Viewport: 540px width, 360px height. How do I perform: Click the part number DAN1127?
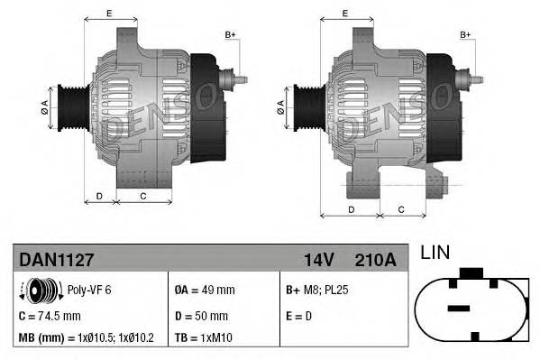click(x=56, y=260)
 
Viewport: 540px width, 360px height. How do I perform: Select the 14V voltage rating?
click(x=319, y=260)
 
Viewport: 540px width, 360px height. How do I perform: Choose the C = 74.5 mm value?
click(x=50, y=316)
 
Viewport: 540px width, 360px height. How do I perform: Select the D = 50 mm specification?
click(x=203, y=316)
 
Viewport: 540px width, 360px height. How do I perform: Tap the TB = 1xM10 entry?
click(x=206, y=338)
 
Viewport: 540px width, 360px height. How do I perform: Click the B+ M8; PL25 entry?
click(x=317, y=291)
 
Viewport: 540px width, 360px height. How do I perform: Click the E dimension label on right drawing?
click(x=346, y=14)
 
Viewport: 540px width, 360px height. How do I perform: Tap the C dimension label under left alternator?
click(x=143, y=196)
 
